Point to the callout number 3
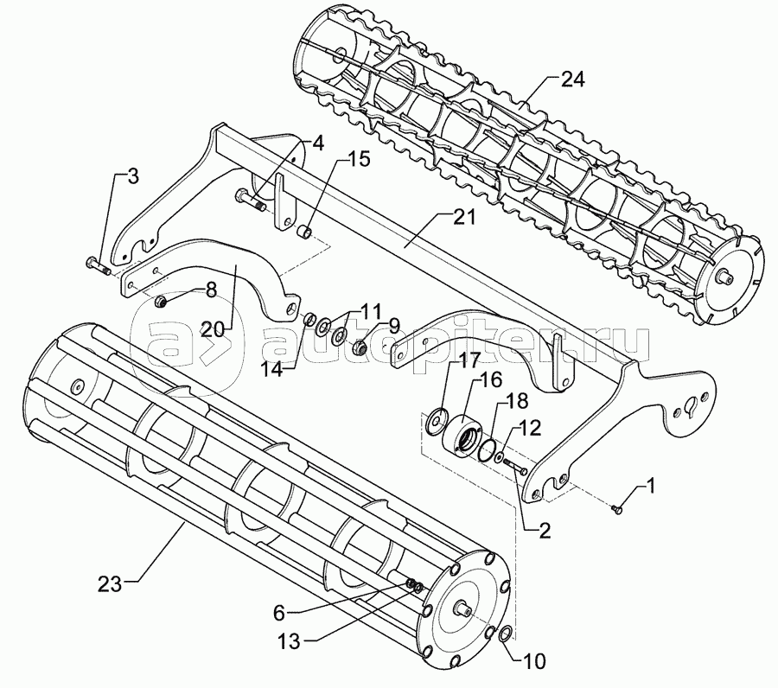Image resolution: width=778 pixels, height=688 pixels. [x=131, y=177]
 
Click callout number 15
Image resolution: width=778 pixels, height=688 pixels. [x=335, y=160]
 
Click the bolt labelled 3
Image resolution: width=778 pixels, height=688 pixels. [x=95, y=266]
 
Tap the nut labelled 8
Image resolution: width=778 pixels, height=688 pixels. [x=160, y=302]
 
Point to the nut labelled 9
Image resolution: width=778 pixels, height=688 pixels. [x=361, y=348]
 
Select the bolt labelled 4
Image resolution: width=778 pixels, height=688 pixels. [x=250, y=201]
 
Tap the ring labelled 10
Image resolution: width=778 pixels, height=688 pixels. [x=505, y=635]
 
